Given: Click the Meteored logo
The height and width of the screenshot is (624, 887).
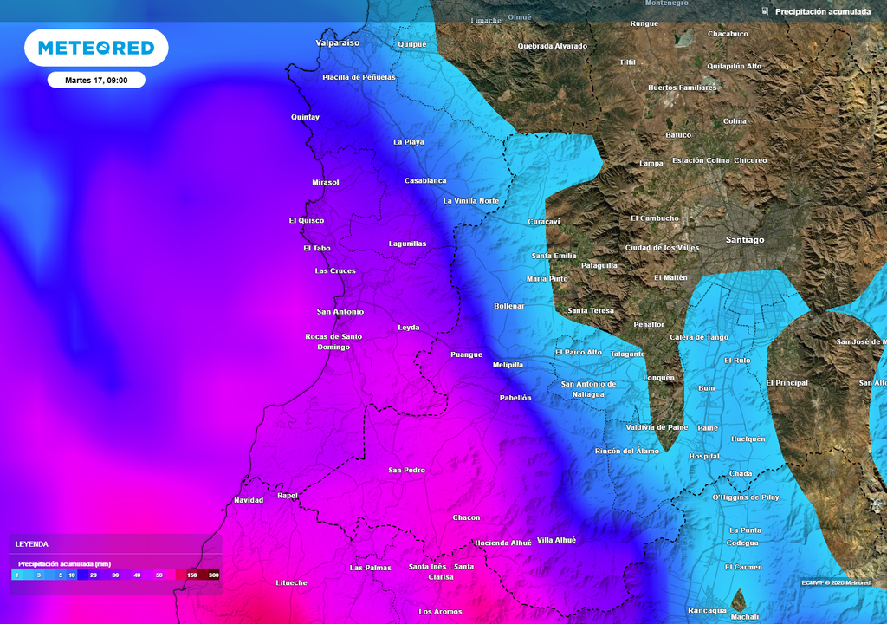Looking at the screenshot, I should (96, 48).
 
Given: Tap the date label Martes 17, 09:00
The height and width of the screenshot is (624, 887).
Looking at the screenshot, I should (96, 80).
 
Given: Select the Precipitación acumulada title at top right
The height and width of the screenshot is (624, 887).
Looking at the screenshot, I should (822, 11).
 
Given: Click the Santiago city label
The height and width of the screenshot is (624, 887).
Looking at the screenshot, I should (745, 239).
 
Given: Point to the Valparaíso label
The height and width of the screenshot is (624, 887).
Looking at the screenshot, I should (338, 42).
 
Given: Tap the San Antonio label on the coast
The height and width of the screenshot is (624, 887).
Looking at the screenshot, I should (340, 311).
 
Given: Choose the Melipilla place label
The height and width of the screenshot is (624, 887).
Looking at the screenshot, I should (508, 365).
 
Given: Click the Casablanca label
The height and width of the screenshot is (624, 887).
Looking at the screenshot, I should (425, 180).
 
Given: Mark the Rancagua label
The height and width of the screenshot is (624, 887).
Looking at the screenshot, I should (708, 610).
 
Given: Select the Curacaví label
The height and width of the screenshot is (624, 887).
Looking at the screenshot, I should (544, 222).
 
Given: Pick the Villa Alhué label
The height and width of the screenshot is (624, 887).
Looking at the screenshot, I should (556, 540).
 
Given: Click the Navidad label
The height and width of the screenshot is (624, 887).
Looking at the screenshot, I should (249, 500).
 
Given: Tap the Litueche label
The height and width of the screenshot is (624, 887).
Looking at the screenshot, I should (291, 582).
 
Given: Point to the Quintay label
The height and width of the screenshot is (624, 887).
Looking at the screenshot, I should (305, 117).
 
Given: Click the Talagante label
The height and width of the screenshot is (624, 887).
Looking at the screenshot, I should (627, 354).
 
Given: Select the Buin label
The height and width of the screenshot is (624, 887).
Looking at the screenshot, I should (707, 388).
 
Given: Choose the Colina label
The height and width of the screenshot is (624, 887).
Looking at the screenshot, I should (735, 121).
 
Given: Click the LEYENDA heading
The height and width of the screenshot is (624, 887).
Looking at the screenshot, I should (32, 544).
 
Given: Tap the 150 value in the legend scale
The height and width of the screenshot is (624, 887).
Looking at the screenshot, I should (191, 575).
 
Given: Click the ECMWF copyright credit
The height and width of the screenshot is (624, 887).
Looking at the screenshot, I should (835, 582).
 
